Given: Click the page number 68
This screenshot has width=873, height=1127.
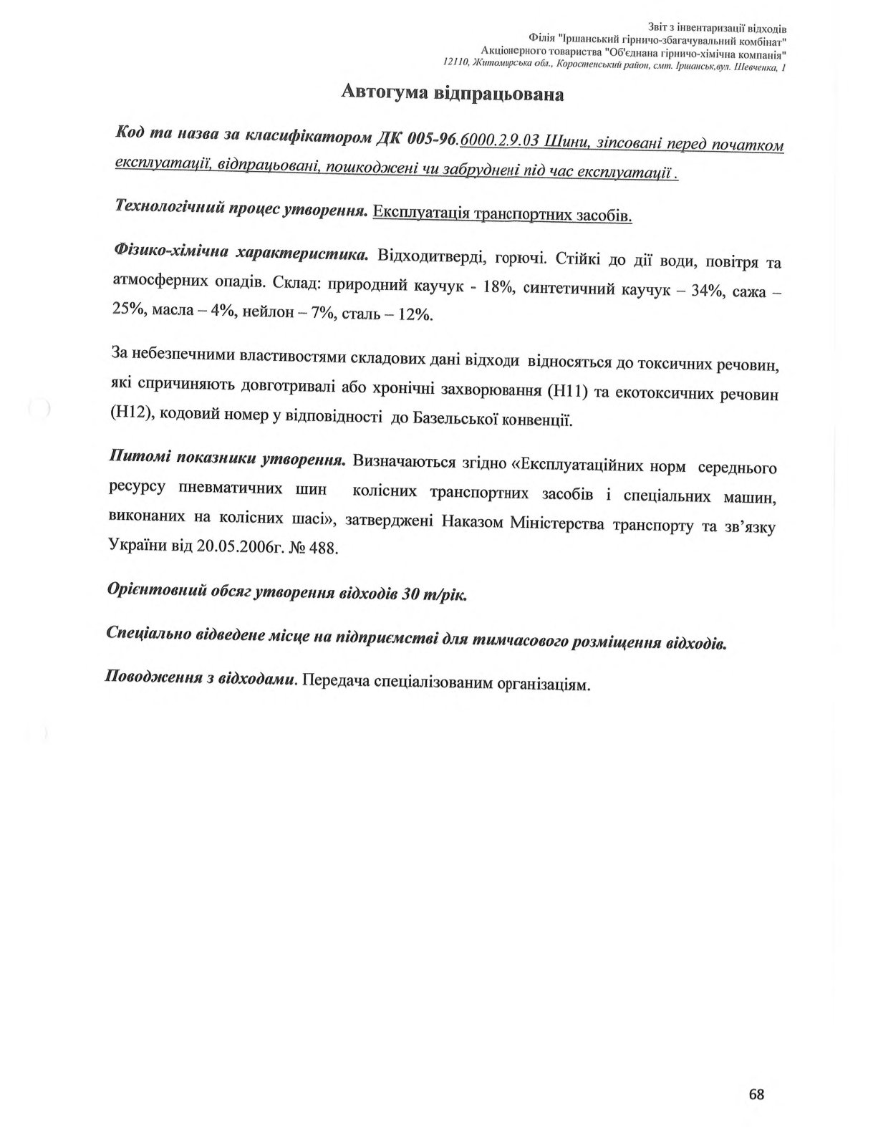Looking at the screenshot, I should (x=756, y=1095).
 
